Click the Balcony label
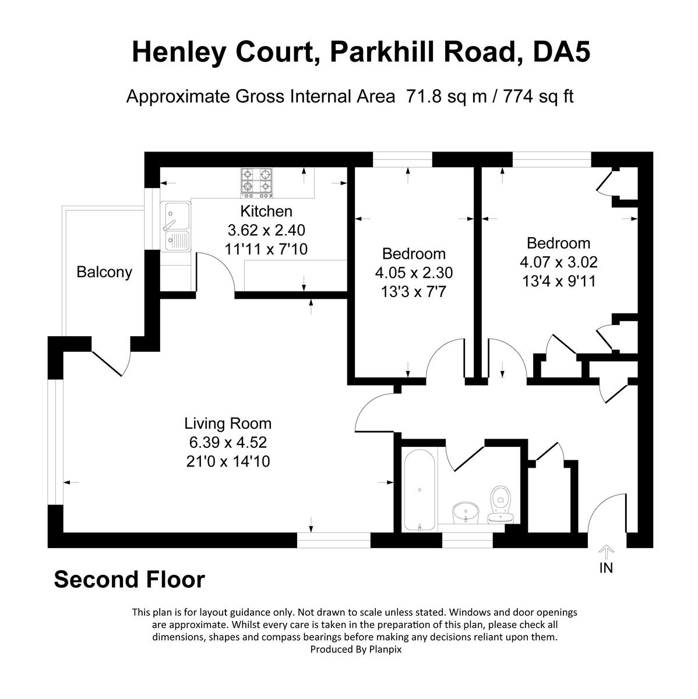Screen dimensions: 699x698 (x=104, y=272)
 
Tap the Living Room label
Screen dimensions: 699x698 (x=228, y=423)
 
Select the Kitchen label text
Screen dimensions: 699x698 (x=266, y=211)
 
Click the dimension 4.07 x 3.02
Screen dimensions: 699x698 (x=558, y=262)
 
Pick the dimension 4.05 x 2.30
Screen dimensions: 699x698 (x=414, y=273)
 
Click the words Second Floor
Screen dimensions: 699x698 (x=129, y=580)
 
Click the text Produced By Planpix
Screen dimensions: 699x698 (x=355, y=649)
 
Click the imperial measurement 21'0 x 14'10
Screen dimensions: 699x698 (x=228, y=462)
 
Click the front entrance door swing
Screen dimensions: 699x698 (x=606, y=513)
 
